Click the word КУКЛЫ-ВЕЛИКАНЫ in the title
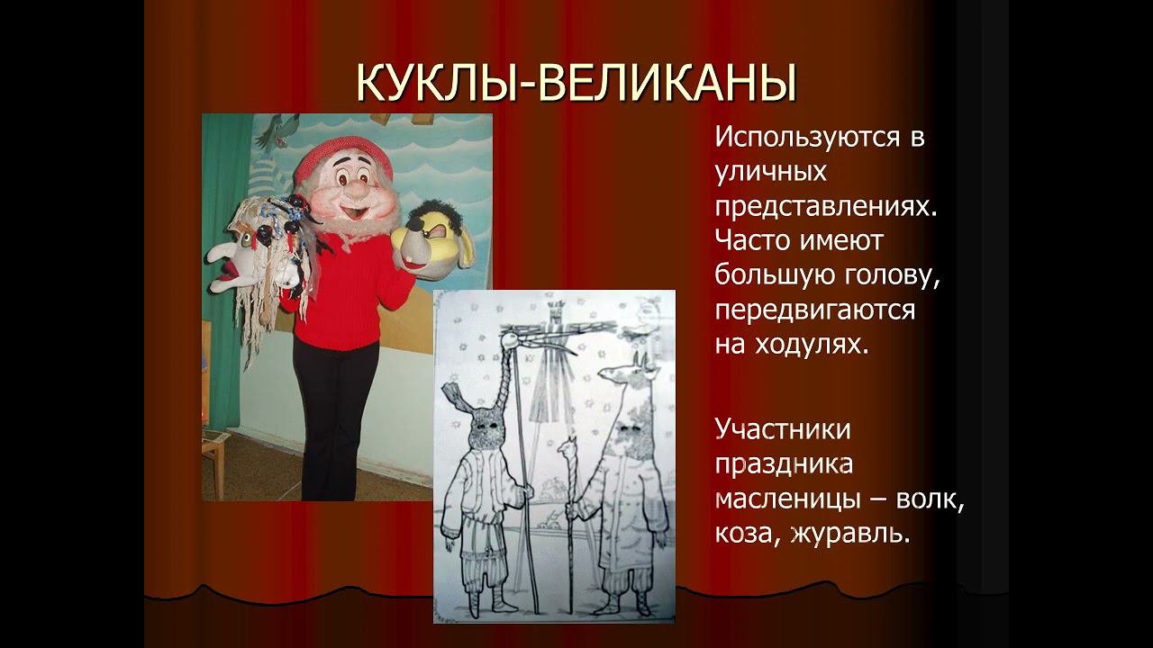click(x=576, y=83)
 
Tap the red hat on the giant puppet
click(x=331, y=158)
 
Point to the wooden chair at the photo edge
click(x=213, y=459)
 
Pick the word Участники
click(x=783, y=429)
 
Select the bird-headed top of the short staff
click(x=567, y=444)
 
